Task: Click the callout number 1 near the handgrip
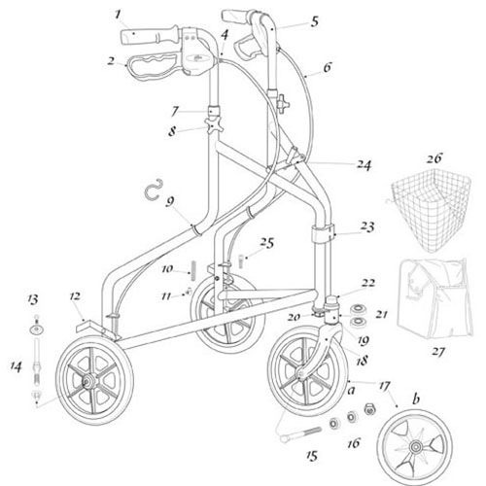pos(118,15)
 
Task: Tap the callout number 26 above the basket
pos(434,158)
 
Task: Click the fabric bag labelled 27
pos(434,297)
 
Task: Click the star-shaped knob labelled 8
pos(213,126)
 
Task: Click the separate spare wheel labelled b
pos(414,447)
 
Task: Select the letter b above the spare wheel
pos(416,399)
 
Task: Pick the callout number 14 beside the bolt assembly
pos(16,366)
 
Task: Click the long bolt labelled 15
pos(300,434)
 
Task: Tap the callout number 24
pos(364,165)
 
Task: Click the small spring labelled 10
pos(194,270)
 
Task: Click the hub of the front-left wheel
pos(87,382)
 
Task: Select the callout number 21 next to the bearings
pos(381,314)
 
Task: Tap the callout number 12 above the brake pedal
pos(75,296)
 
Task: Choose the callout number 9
pos(170,201)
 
